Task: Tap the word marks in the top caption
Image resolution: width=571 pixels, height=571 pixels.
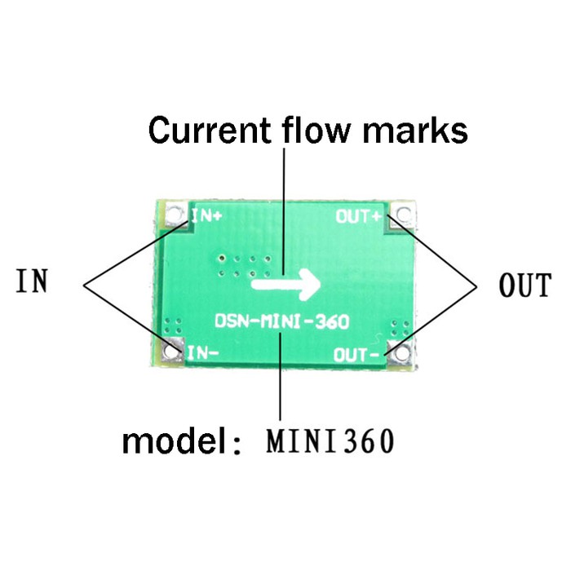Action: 424,130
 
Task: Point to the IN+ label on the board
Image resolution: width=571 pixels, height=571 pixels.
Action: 207,216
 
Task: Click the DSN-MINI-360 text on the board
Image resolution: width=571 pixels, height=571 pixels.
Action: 282,321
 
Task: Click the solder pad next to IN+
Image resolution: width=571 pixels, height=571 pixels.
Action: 174,216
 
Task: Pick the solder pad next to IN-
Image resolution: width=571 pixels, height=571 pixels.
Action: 172,352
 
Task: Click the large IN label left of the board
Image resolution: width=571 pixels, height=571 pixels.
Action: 32,281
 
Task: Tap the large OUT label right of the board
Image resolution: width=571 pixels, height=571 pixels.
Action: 525,286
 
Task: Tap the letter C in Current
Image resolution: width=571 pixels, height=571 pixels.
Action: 160,130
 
